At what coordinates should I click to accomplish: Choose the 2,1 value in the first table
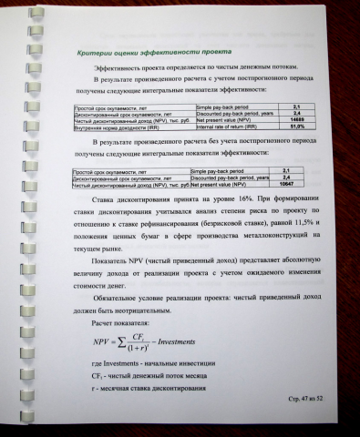click(296, 107)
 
